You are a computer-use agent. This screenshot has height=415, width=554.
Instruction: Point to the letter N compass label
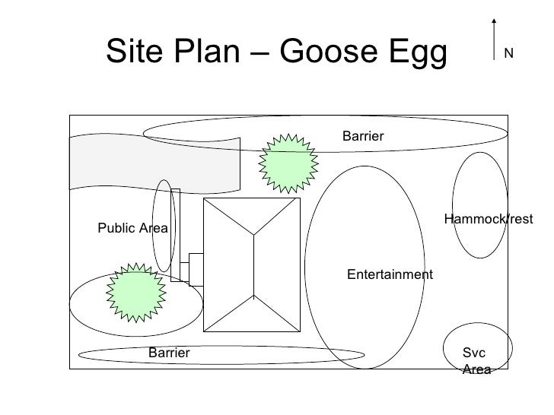[x=508, y=53]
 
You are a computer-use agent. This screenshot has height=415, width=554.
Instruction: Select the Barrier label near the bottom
[x=169, y=353]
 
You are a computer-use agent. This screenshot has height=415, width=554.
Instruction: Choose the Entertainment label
[x=390, y=274]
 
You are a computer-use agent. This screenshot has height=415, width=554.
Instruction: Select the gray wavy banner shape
[x=152, y=163]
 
